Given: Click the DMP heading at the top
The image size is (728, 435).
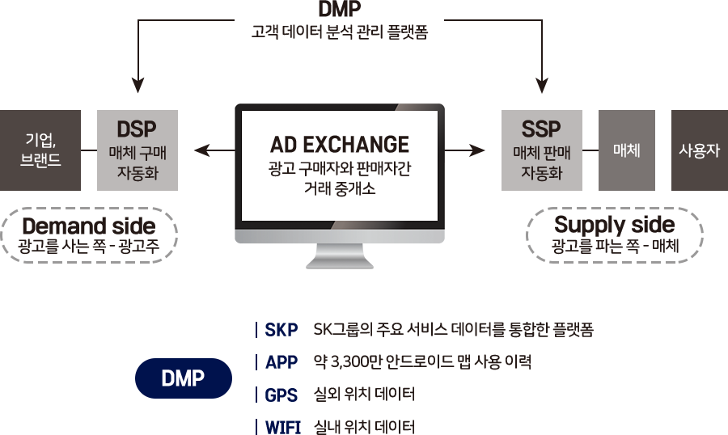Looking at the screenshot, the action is coord(340,9).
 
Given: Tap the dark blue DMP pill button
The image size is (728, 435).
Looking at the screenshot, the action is coord(184,378).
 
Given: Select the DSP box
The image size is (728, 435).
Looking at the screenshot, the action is coord(138,150).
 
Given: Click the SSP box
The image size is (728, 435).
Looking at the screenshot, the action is coord(542,150).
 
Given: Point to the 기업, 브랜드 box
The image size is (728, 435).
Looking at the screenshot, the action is coord(40,150).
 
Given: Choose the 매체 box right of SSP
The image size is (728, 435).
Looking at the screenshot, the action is coord(627,150).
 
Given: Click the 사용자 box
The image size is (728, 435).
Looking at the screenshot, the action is coord(700,150).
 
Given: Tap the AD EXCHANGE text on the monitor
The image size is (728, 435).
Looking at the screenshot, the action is coord(340,145).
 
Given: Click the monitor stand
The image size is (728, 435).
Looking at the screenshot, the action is coord(340,256).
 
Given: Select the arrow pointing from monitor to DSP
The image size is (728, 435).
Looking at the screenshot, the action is coord(215,150).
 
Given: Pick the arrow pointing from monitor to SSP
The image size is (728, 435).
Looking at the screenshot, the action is coord(464,150).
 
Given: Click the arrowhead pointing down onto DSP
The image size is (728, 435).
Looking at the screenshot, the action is coord(138,85).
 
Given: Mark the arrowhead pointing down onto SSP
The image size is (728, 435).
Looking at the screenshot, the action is coord(542,85).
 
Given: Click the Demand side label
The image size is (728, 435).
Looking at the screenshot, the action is coord(89,226).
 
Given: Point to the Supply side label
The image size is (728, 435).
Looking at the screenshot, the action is coord(614,225).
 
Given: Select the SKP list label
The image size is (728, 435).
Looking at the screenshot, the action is coord(281,330).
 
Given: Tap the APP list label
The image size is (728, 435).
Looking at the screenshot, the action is coord(281,362).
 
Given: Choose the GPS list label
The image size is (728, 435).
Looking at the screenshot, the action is coord(281,395).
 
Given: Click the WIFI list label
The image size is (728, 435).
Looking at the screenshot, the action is coord(283,427).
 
